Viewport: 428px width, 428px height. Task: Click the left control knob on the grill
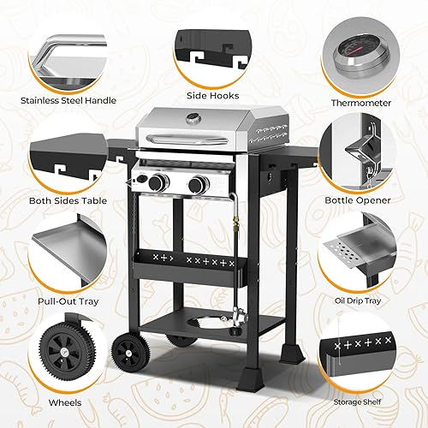click(x=157, y=182)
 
